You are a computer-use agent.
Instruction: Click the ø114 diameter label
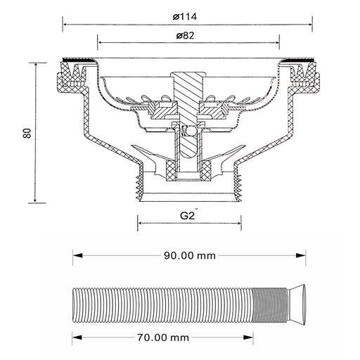185,17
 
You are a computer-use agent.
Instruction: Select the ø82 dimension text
186,36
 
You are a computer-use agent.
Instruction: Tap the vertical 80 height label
27,133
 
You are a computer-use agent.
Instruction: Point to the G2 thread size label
188,214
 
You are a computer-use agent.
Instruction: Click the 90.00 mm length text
190,255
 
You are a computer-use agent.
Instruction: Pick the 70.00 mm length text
163,337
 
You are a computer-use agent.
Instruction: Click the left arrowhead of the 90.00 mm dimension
77,255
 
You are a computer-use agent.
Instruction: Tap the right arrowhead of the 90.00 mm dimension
301,255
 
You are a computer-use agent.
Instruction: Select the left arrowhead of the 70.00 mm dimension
77,337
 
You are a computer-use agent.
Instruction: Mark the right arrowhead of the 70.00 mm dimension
248,337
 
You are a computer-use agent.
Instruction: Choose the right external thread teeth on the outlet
237,188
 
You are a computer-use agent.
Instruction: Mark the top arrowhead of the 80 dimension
36,66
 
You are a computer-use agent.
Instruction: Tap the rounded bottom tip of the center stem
188,155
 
